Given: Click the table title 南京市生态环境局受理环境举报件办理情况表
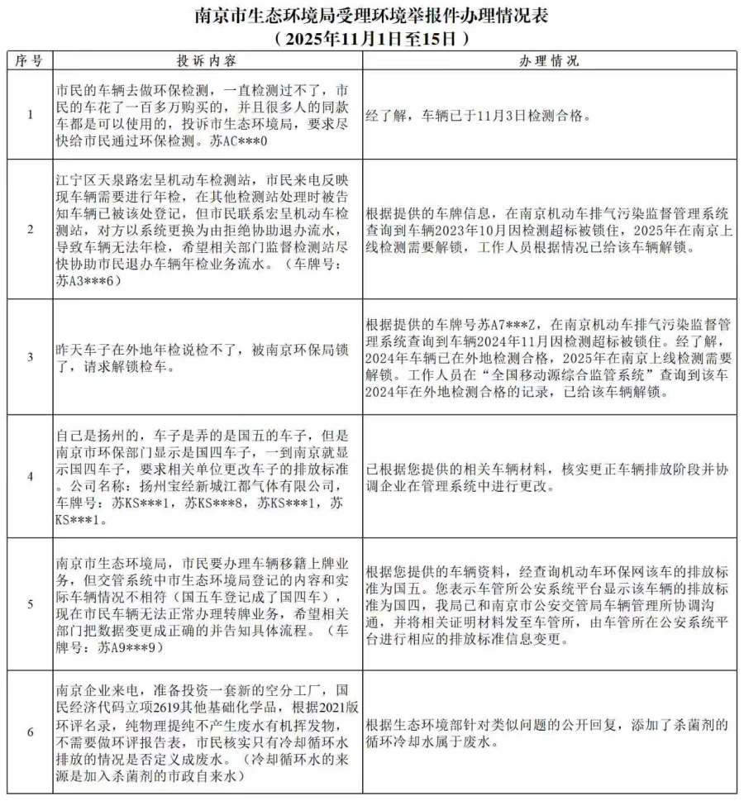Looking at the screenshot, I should pyautogui.click(x=371, y=16).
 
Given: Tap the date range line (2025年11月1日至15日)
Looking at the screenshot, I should pyautogui.click(x=371, y=38).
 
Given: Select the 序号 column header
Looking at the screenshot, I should pyautogui.click(x=30, y=60).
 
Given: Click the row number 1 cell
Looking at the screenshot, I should pyautogui.click(x=30, y=116).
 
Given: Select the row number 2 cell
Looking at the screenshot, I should pyautogui.click(x=30, y=230).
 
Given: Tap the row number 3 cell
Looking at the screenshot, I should pyautogui.click(x=30, y=357).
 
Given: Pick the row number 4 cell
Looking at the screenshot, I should pyautogui.click(x=30, y=475).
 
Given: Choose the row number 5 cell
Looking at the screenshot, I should pyautogui.click(x=30, y=603).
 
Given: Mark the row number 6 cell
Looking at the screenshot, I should pyautogui.click(x=30, y=732).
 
